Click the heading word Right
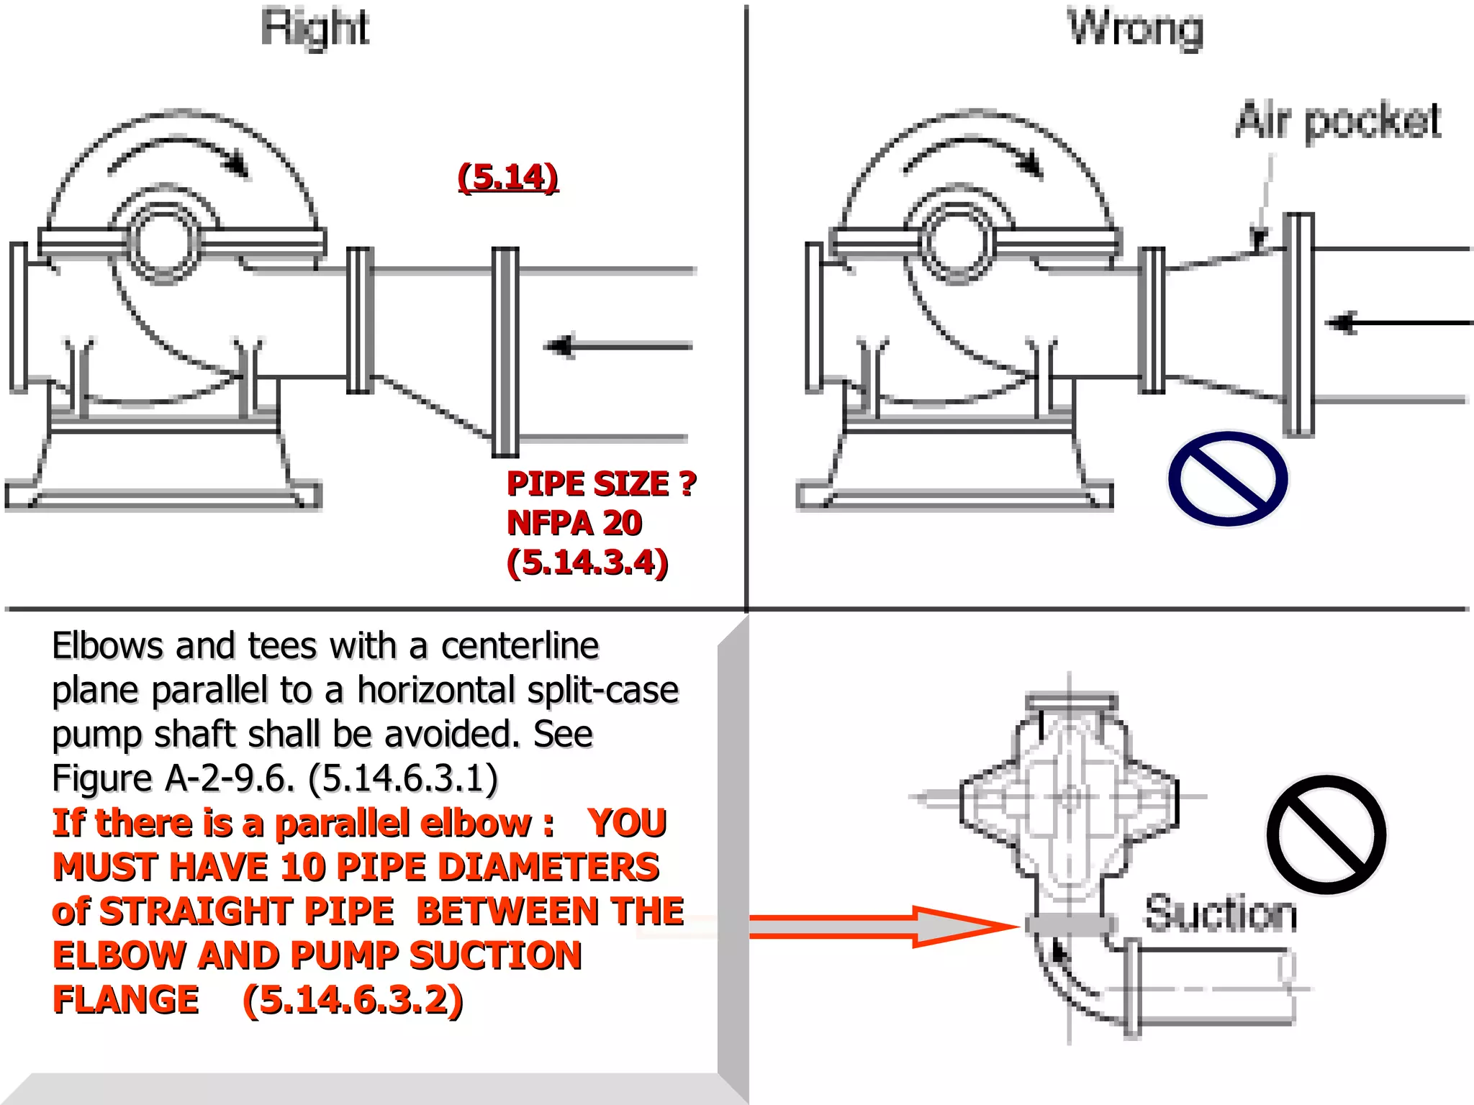(315, 29)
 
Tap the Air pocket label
(1337, 120)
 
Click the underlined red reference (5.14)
(508, 177)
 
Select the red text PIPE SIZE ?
(601, 483)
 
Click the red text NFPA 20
(574, 523)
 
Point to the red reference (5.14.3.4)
(587, 563)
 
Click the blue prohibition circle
(1228, 478)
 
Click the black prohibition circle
(1326, 835)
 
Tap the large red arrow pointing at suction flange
(882, 926)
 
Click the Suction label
(1221, 914)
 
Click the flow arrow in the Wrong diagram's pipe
(1396, 323)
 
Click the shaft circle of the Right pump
(165, 241)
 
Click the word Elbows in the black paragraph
(108, 645)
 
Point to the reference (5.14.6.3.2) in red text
(353, 1000)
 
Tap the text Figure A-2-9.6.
(173, 778)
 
